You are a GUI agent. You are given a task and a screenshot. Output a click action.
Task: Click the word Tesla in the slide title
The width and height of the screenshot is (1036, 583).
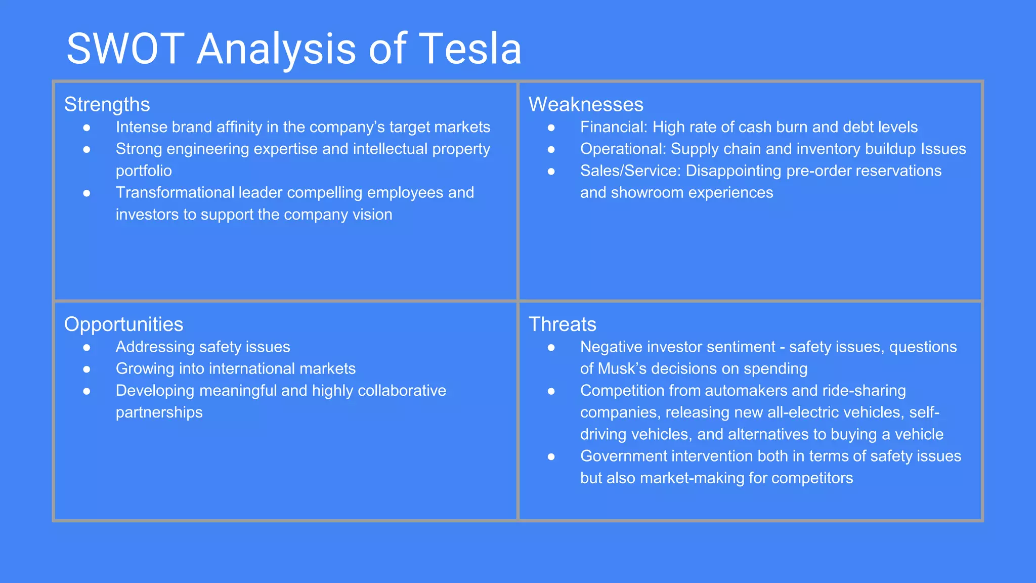(x=470, y=49)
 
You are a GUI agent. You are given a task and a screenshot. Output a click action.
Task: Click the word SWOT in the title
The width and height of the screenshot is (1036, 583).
(x=125, y=49)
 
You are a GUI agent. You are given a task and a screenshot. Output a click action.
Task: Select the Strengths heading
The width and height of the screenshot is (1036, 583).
(x=107, y=105)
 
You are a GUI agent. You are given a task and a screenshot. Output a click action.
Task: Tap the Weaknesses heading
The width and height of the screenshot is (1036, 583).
(x=586, y=105)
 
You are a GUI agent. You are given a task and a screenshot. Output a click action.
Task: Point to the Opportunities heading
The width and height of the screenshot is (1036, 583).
(x=123, y=324)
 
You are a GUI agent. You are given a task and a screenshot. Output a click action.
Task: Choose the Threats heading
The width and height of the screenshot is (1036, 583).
(x=563, y=324)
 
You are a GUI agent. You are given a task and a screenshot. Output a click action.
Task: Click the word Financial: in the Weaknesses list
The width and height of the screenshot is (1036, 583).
(x=614, y=127)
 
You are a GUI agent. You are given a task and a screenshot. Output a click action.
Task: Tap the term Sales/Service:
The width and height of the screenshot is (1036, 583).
(x=630, y=171)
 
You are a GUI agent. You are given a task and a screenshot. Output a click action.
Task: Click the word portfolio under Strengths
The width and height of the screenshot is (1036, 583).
(x=144, y=171)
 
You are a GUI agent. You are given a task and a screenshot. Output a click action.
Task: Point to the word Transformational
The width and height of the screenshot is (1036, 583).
(x=175, y=193)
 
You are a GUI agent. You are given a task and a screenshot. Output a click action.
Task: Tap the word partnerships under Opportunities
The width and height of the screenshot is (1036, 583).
(x=159, y=412)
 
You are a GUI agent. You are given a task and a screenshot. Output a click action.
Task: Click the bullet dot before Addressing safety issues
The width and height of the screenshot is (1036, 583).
(x=87, y=347)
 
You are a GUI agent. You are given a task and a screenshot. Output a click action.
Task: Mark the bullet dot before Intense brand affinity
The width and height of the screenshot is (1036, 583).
(x=87, y=128)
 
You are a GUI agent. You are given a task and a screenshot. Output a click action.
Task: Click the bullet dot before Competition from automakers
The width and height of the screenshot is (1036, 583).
(x=551, y=391)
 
